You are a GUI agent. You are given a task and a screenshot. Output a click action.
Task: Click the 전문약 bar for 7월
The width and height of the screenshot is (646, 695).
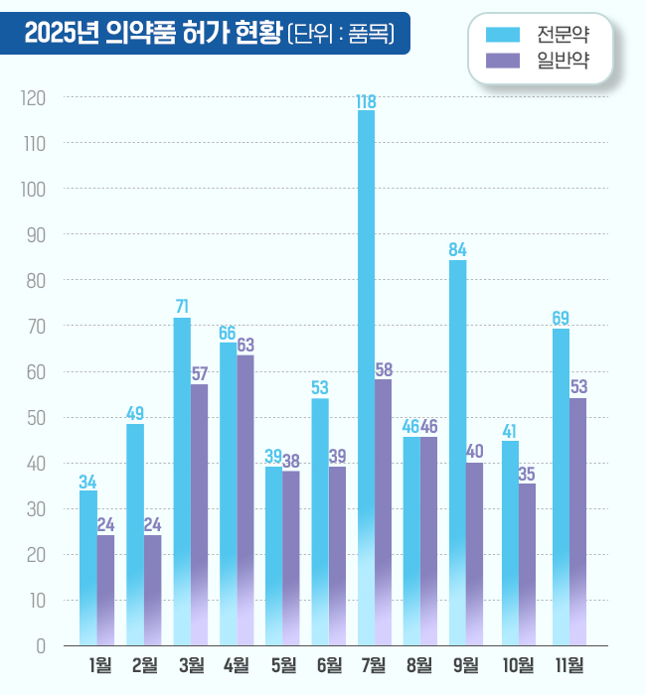click(366, 377)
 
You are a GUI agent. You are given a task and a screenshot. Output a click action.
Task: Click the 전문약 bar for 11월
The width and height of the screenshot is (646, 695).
click(561, 486)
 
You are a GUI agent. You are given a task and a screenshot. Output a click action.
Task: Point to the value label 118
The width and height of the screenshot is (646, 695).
click(366, 101)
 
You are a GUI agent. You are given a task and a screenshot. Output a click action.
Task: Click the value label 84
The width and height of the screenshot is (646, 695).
click(457, 249)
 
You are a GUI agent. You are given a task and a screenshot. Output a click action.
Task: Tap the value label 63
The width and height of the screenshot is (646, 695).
click(245, 346)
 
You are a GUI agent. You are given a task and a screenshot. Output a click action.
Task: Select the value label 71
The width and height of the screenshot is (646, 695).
click(182, 307)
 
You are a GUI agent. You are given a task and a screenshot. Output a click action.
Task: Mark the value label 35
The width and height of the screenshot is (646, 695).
click(527, 474)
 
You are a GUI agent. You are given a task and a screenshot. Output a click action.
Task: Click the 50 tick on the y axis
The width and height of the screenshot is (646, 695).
click(38, 418)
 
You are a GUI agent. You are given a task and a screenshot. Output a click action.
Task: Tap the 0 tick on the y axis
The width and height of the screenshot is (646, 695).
click(42, 646)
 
